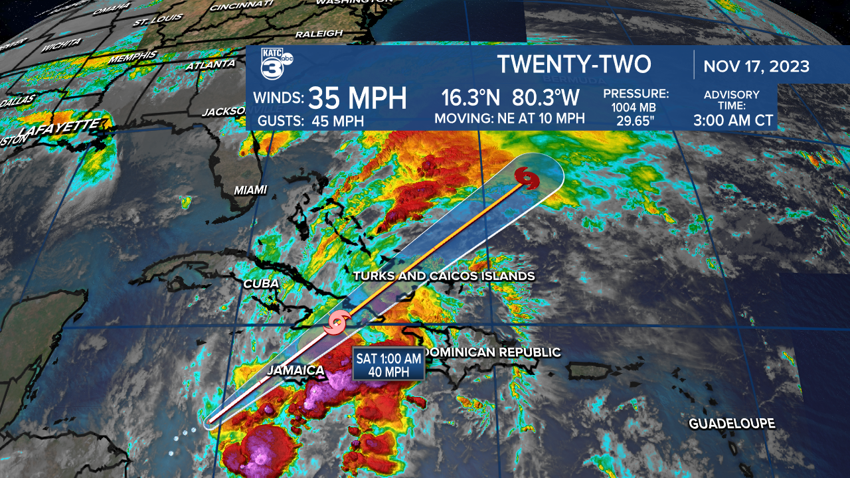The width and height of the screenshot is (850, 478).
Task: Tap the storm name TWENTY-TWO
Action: [x=574, y=64]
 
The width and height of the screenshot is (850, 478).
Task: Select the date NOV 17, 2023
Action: [x=756, y=66]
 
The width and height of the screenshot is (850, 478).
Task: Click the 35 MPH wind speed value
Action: [x=357, y=98]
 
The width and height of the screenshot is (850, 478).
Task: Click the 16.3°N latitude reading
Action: [x=471, y=98]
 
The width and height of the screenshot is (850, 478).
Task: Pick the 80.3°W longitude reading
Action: [x=546, y=98]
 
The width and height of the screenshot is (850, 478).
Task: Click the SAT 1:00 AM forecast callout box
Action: [x=388, y=364]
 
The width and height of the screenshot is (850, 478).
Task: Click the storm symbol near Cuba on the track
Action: [x=337, y=323]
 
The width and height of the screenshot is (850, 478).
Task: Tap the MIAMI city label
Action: [x=250, y=190]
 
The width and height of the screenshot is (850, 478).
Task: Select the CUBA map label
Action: [x=261, y=283]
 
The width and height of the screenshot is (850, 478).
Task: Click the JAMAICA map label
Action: [x=296, y=370]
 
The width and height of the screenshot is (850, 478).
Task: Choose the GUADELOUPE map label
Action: [x=732, y=424]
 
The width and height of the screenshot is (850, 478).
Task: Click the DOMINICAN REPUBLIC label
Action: [x=492, y=352]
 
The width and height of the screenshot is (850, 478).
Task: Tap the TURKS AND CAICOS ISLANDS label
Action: [x=444, y=276]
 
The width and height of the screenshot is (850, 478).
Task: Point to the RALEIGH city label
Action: [x=319, y=33]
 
